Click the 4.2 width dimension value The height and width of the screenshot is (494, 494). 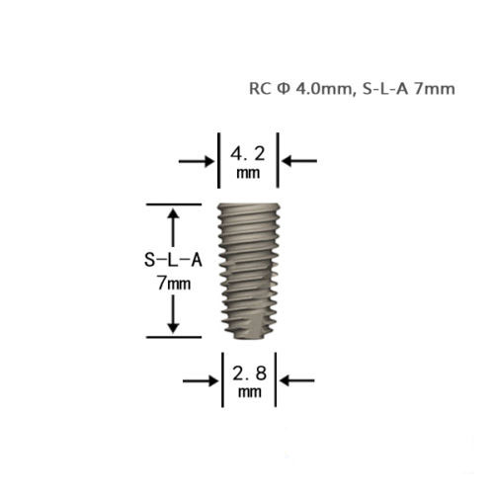247,153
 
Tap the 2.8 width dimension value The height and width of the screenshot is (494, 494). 249,373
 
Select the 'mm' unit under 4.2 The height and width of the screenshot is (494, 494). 248,173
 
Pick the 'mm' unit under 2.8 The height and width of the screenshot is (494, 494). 250,392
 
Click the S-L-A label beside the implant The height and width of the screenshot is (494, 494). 173,260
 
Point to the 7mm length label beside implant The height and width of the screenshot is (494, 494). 174,284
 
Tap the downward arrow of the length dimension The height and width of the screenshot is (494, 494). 173,314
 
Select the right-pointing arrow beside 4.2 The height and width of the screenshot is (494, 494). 197,161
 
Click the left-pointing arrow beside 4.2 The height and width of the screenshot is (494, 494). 299,161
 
